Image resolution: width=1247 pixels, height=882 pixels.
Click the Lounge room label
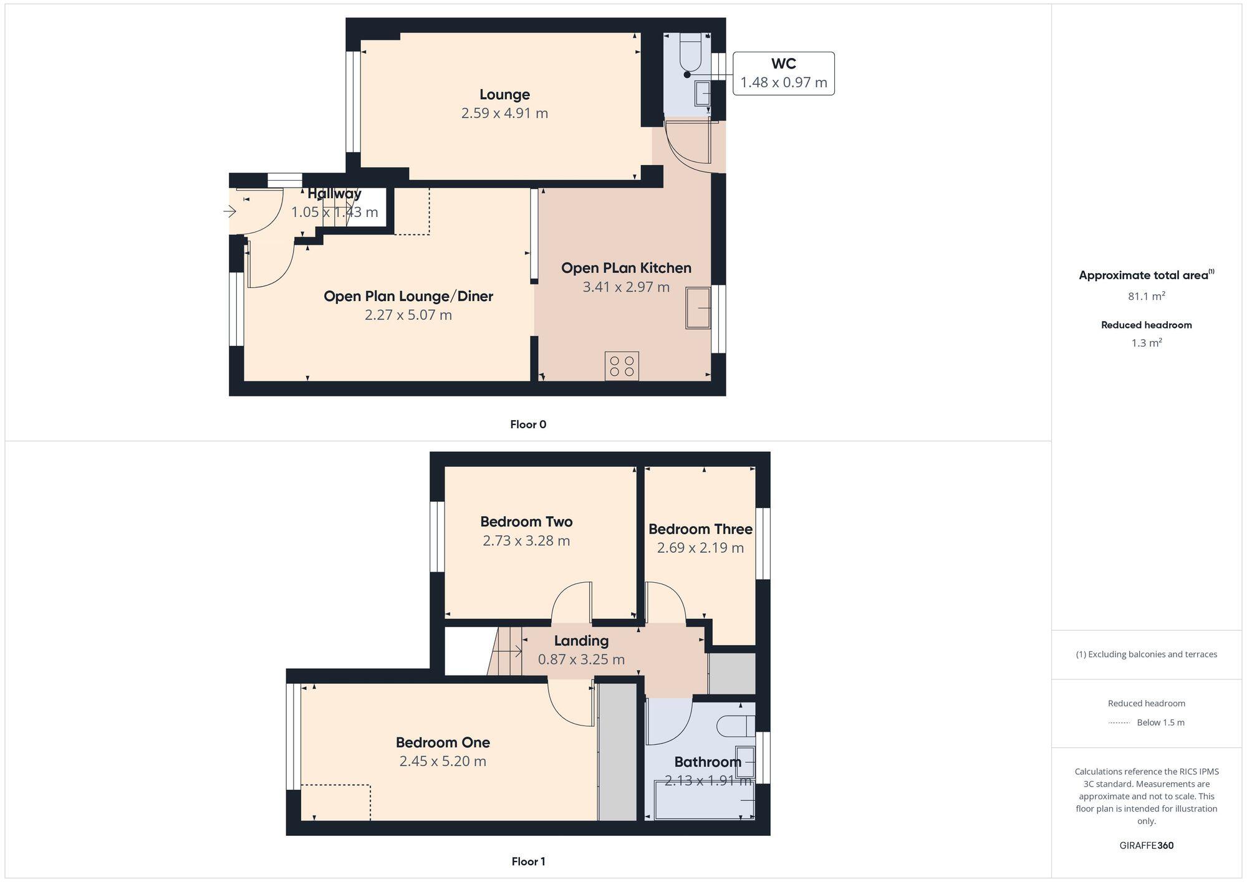coord(504,95)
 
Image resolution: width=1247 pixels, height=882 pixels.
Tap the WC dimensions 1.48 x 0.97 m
coord(783,82)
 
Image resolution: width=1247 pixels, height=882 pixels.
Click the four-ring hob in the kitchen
coord(622,367)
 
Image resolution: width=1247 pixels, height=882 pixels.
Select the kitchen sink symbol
coord(698,308)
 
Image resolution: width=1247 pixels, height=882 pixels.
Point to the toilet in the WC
coord(690,53)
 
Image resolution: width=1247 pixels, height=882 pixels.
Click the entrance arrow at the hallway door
coord(230,212)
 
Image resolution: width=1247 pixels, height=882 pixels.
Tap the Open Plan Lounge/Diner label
coord(408,296)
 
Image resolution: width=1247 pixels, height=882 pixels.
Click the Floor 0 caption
coord(528,424)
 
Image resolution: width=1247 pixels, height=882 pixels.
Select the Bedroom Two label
coord(526,522)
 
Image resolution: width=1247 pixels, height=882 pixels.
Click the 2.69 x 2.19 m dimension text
coord(700,548)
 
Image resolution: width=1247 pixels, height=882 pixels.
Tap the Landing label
coord(581,641)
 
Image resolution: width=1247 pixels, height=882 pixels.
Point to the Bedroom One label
coord(443,742)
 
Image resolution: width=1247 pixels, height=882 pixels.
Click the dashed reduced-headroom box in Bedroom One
coord(335,802)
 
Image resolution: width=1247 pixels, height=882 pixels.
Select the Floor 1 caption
coord(528,861)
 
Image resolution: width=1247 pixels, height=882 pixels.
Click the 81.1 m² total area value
coord(1146,296)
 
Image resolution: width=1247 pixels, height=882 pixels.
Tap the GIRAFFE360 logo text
coord(1146,846)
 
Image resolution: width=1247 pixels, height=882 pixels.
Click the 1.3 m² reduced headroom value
coord(1146,343)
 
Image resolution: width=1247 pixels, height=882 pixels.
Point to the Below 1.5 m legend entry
coord(1160,722)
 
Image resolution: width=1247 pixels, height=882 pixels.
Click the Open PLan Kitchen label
coord(626,268)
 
